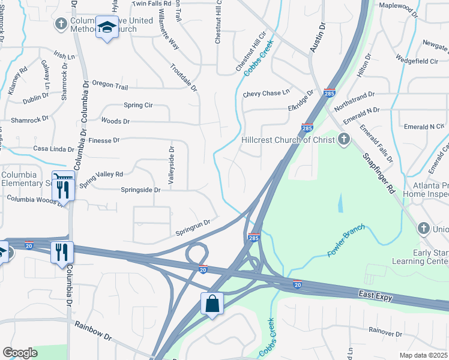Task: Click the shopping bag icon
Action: click(213, 303)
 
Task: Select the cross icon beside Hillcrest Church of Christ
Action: click(344, 140)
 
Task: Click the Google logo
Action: click(20, 353)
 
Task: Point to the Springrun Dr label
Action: click(193, 227)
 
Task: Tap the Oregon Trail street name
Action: click(109, 86)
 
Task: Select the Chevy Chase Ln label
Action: click(266, 94)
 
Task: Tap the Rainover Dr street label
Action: click(385, 331)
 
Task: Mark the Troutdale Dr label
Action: click(183, 77)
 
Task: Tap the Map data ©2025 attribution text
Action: click(424, 355)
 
